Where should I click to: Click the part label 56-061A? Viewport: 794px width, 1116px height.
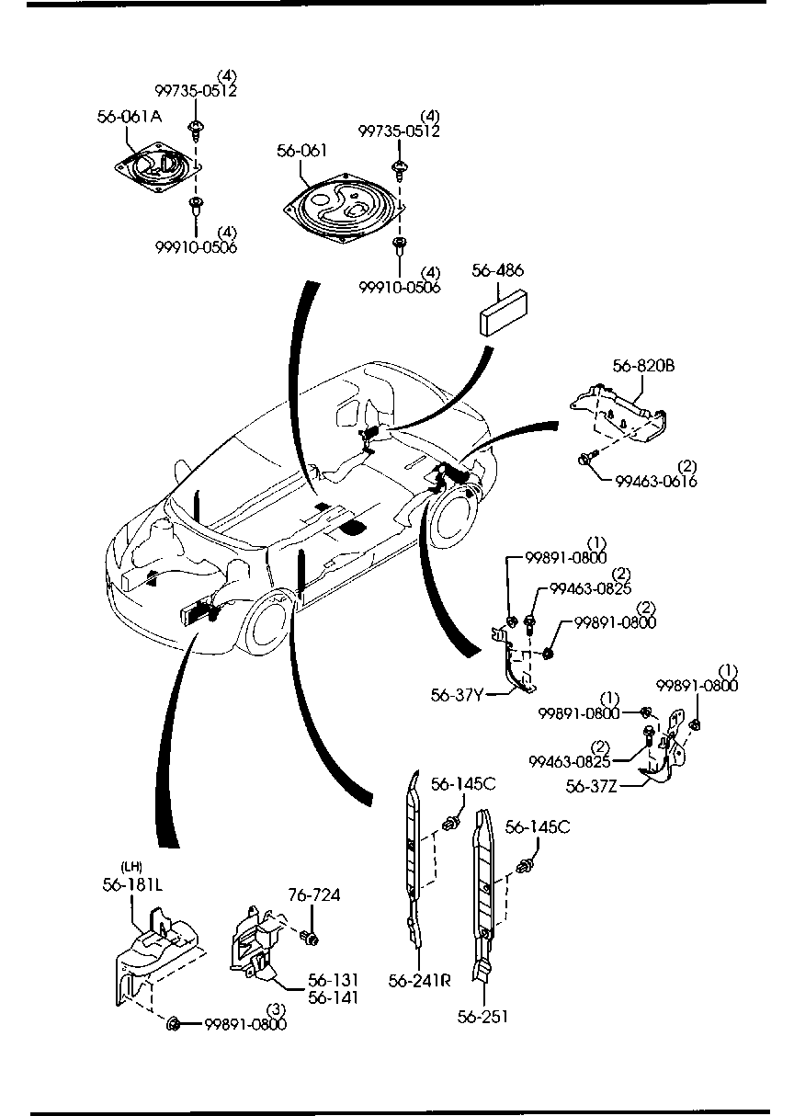pos(130,117)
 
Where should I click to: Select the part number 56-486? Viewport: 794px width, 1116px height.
pos(498,270)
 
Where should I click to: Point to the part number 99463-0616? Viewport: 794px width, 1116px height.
pos(656,481)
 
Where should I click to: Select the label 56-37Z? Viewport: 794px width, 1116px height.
pos(593,785)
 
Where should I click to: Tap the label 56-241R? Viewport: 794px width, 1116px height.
pos(419,980)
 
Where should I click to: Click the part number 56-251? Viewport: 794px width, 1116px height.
pos(482,1016)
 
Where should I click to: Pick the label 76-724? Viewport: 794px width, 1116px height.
pos(314,895)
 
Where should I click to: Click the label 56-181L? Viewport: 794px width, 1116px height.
pos(132,884)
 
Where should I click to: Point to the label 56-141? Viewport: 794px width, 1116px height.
pos(334,997)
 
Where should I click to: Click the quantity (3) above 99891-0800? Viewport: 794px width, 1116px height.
pos(273,1009)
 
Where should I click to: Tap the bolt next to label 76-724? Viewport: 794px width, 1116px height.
pos(309,938)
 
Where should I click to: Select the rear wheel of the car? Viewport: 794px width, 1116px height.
pos(456,520)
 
